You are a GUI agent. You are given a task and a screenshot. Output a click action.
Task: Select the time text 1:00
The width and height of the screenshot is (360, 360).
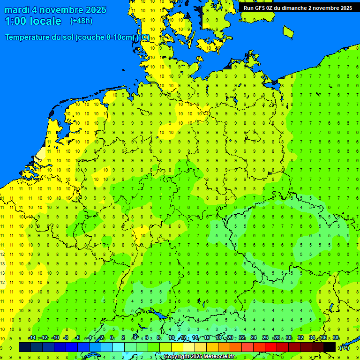[x=16, y=21]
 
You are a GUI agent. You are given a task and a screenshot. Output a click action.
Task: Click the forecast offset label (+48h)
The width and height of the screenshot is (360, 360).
[x=81, y=21]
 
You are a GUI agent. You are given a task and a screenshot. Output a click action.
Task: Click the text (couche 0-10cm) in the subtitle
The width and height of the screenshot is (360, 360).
[x=105, y=37]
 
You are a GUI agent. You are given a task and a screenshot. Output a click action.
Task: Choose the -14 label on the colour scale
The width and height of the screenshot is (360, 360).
[x=32, y=338]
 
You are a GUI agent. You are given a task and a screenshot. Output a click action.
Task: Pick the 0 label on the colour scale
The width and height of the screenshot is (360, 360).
[x=112, y=338]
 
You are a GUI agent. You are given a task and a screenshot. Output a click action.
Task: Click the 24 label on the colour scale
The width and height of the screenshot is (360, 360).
[x=254, y=338]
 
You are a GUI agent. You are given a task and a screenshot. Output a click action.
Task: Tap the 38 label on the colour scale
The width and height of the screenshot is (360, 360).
[x=336, y=338]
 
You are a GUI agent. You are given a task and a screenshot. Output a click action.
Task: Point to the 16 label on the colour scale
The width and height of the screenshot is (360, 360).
[x=207, y=338]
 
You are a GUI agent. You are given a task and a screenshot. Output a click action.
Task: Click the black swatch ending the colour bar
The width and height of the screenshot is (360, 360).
[x=330, y=347]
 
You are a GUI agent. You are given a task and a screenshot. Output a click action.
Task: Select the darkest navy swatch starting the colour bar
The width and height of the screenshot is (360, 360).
[x=25, y=347]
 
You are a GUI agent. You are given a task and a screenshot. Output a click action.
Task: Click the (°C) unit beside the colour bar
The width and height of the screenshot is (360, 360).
[x=344, y=347]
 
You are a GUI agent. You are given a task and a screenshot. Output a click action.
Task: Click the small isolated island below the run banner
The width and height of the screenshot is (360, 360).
[x=288, y=31]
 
